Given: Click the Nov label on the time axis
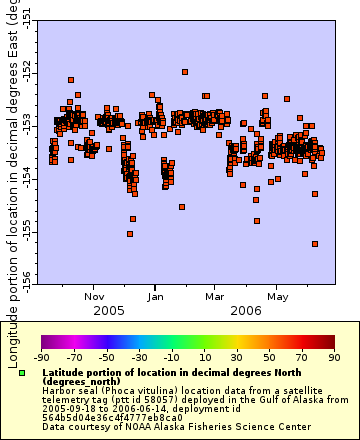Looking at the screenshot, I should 94,296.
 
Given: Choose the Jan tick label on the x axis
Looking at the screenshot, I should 156,296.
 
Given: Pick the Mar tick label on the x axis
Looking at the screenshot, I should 215,296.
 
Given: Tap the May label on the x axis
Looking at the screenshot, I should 277,296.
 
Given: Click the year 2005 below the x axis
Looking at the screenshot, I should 109,311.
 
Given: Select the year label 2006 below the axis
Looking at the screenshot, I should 247,311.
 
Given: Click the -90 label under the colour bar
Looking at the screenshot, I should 41,357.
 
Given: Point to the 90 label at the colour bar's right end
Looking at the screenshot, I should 333,357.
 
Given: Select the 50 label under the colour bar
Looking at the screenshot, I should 269,357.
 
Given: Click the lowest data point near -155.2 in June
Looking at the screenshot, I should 315,243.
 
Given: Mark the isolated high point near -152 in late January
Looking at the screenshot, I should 184,72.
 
